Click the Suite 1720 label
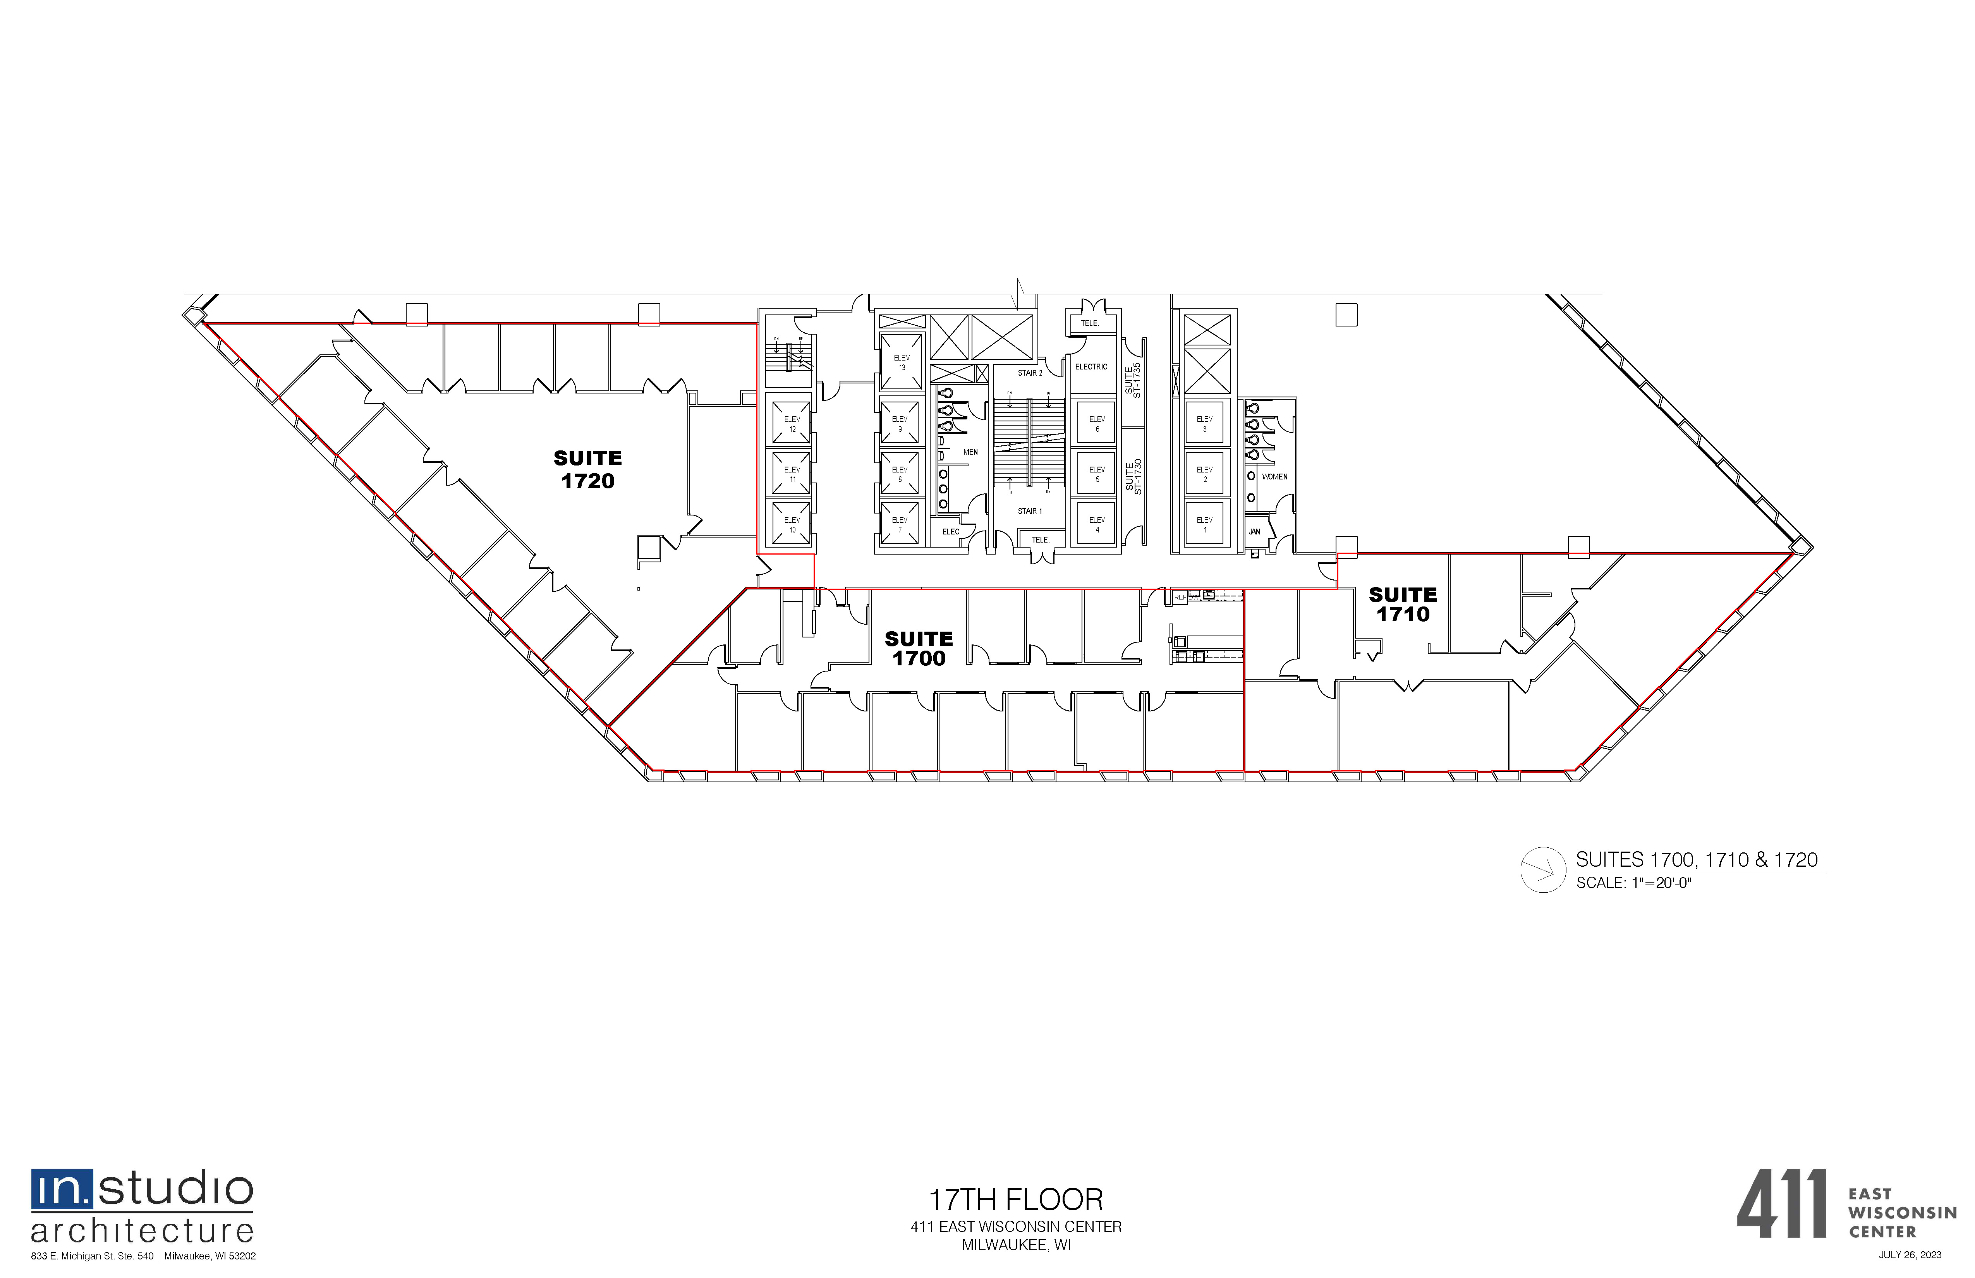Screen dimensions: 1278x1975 tap(587, 470)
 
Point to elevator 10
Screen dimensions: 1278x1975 tap(792, 524)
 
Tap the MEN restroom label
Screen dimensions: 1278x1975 tap(970, 452)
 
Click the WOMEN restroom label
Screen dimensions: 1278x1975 tap(1274, 477)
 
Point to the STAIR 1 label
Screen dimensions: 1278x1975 tap(1030, 511)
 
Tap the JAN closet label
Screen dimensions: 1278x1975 tap(1254, 532)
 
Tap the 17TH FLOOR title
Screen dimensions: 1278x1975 tap(1016, 1200)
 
